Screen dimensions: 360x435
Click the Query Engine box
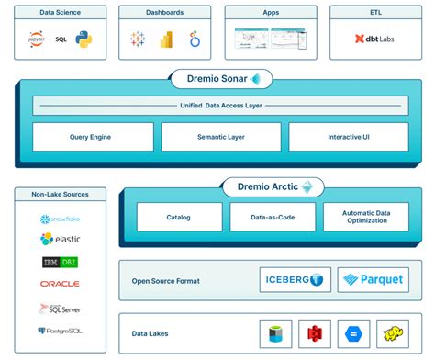coord(93,137)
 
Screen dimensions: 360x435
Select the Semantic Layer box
coord(220,137)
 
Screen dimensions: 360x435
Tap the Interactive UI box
coord(348,137)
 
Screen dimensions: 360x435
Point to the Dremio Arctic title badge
coord(273,187)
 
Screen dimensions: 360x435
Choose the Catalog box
coord(179,217)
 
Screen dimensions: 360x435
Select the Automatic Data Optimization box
coord(365,217)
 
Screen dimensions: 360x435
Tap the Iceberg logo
coord(294,280)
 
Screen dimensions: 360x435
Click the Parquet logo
coord(373,280)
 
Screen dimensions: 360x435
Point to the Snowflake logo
coord(60,219)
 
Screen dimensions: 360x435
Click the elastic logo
coord(60,240)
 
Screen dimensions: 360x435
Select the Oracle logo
coord(60,284)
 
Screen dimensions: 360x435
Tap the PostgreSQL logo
coord(60,330)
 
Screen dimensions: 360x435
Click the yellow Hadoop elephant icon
coord(394,333)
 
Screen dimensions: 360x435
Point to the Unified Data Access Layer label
coord(220,105)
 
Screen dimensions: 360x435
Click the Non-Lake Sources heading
coord(61,195)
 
